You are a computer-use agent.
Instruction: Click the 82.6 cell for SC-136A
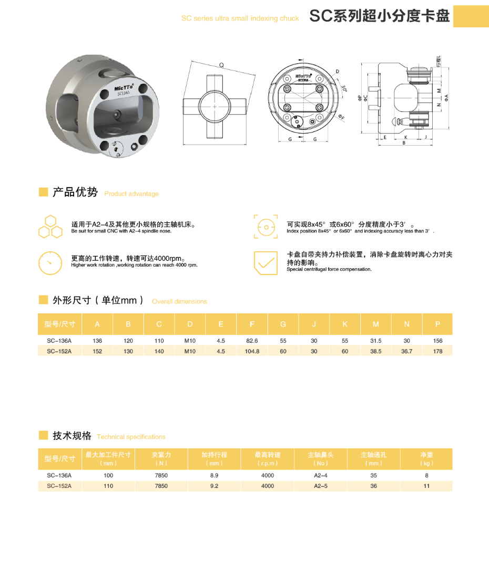point(252,341)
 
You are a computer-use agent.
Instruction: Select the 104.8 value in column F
point(252,351)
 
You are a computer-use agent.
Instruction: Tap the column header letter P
point(437,324)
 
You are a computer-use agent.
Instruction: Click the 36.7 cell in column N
point(406,351)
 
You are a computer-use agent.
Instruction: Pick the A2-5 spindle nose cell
point(321,486)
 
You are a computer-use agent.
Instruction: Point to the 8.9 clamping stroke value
point(214,475)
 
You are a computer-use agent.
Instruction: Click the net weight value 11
point(426,486)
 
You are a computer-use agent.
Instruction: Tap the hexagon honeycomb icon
point(50,227)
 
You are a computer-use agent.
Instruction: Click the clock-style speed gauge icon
point(50,262)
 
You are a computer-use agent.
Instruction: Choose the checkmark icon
point(266,262)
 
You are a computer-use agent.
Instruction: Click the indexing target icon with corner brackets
point(266,227)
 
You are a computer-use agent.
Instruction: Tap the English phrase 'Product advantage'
point(131,194)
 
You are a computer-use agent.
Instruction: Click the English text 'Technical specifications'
point(131,437)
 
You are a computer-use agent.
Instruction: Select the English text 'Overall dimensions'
point(179,302)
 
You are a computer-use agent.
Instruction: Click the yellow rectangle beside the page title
point(471,16)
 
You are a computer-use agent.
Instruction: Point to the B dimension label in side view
point(403,142)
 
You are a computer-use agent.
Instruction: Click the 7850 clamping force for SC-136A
point(161,475)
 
